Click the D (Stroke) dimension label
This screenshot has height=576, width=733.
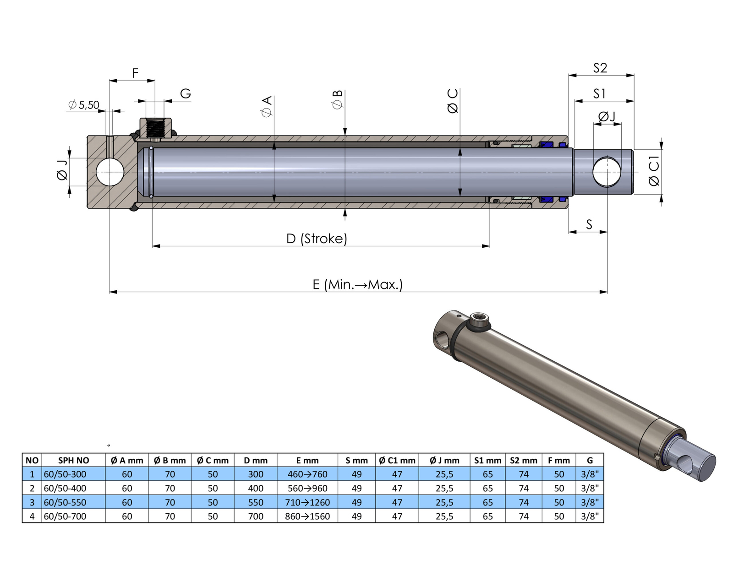click(317, 239)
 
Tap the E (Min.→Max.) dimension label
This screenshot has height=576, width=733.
click(357, 284)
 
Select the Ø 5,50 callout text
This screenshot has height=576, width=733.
click(84, 105)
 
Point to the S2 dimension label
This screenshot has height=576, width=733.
click(600, 68)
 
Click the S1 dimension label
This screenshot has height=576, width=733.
click(599, 94)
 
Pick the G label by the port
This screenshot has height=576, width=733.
click(185, 94)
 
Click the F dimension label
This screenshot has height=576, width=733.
click(135, 73)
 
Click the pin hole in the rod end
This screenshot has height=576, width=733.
click(607, 172)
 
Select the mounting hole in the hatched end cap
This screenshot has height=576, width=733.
click(110, 172)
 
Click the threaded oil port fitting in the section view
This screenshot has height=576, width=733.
click(156, 128)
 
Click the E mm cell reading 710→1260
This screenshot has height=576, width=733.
click(307, 502)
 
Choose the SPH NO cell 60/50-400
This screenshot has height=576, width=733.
click(65, 488)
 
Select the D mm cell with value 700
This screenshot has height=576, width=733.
click(256, 516)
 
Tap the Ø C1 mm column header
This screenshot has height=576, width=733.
click(397, 460)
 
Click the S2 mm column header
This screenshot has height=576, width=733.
click(524, 460)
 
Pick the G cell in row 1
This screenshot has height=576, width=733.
click(590, 474)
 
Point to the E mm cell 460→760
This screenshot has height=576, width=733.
click(307, 474)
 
